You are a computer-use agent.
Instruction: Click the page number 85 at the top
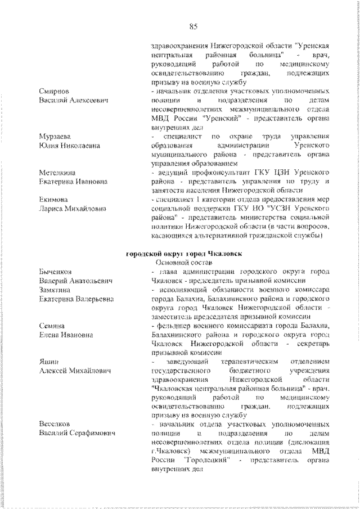tap(192, 26)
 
